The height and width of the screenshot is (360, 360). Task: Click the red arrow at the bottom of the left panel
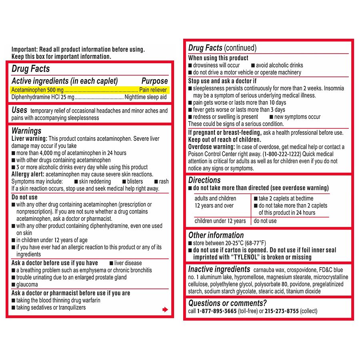pyautogui.click(x=165, y=309)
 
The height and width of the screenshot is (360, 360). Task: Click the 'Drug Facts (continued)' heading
pyautogui.click(x=222, y=48)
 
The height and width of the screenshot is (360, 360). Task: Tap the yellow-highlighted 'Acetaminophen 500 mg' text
pyautogui.click(x=37, y=90)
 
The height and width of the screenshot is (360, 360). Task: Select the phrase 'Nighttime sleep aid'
pyautogui.click(x=146, y=97)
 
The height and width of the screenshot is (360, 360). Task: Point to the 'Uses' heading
pyautogui.click(x=19, y=110)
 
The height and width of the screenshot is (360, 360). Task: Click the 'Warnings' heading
pyautogui.click(x=26, y=131)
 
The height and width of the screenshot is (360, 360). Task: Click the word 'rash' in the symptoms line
pyautogui.click(x=164, y=182)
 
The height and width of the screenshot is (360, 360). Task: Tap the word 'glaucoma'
pyautogui.click(x=27, y=285)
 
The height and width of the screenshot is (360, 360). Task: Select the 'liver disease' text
pyautogui.click(x=128, y=263)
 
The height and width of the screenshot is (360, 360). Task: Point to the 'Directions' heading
pyautogui.click(x=204, y=180)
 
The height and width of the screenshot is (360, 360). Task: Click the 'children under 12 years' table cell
pyautogui.click(x=220, y=221)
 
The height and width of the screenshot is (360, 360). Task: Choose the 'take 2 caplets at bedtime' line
pyautogui.click(x=286, y=198)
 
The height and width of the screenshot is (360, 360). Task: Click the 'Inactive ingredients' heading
pyautogui.click(x=219, y=269)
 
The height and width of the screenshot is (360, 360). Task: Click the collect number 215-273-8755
pyautogui.click(x=282, y=311)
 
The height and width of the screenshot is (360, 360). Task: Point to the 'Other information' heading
pyautogui.click(x=216, y=235)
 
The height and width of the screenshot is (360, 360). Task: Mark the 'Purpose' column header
pyautogui.click(x=154, y=81)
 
